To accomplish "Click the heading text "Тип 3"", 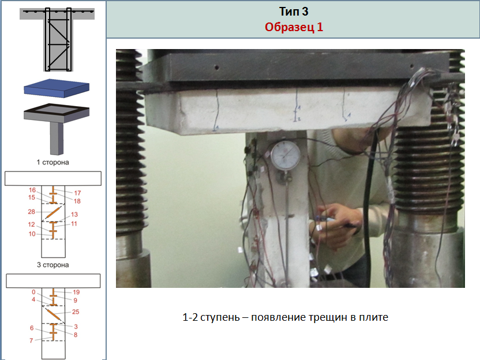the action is pos(294,12).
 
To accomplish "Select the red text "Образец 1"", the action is pos(294,27).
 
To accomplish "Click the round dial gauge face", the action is pos(286,155).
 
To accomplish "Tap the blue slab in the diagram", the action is pos(57,88).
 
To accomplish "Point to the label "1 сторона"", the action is pos(52,162).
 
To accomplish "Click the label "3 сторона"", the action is pos(52,265).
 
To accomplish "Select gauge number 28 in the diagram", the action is pos(32,212).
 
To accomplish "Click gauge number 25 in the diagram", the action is pos(76,312).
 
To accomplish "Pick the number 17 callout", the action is pos(77,193).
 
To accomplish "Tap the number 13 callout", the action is pos(74,215).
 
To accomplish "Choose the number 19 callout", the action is pos(76,292).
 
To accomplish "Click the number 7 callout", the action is pos(31,340).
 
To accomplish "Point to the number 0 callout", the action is pos(33,292).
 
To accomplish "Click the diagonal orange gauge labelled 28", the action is pos(52,212).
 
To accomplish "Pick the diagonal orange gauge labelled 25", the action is pos(52,314).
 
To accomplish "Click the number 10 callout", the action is pos(32,234).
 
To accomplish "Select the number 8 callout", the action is pos(76,335).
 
